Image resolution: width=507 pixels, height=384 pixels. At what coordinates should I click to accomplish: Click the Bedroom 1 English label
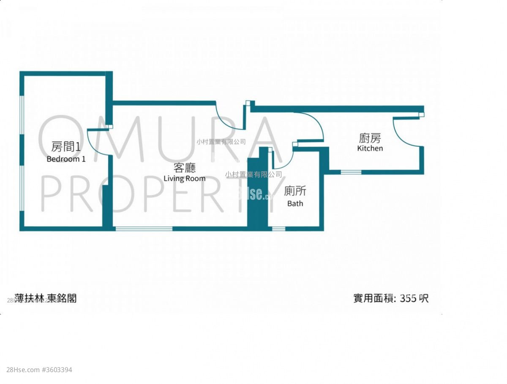pyautogui.click(x=66, y=159)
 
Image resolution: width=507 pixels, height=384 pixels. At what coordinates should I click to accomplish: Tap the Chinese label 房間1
pyautogui.click(x=65, y=147)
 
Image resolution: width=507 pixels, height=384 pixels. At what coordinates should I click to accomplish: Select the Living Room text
pyautogui.click(x=185, y=178)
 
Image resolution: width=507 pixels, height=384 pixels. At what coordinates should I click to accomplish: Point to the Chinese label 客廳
pyautogui.click(x=185, y=168)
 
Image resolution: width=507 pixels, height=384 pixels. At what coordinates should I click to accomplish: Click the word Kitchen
pyautogui.click(x=370, y=148)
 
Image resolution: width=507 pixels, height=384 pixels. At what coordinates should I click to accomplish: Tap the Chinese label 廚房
pyautogui.click(x=370, y=138)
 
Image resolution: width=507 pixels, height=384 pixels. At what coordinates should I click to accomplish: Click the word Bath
pyautogui.click(x=295, y=203)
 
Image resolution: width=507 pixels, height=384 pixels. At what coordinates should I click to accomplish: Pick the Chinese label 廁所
pyautogui.click(x=295, y=191)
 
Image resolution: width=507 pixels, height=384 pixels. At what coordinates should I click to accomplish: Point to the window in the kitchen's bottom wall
pyautogui.click(x=351, y=172)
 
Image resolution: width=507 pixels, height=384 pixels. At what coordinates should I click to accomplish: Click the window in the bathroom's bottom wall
pyautogui.click(x=278, y=229)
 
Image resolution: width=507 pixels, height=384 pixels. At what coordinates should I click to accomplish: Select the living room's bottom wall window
pyautogui.click(x=144, y=229)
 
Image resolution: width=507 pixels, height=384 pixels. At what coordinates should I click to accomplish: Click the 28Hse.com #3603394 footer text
pyautogui.click(x=36, y=370)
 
